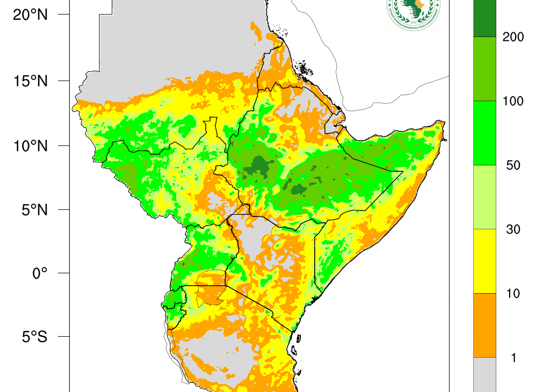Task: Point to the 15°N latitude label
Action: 30,81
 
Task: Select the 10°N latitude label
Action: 30,146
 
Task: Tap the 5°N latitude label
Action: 33,209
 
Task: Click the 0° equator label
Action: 40,273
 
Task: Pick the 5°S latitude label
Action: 33,337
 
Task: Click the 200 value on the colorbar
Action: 513,37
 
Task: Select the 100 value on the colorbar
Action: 513,101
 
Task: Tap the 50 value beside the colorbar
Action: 513,165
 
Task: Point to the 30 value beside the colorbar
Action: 513,229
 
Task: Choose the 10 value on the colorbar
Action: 513,293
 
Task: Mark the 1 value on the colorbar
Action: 513,358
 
